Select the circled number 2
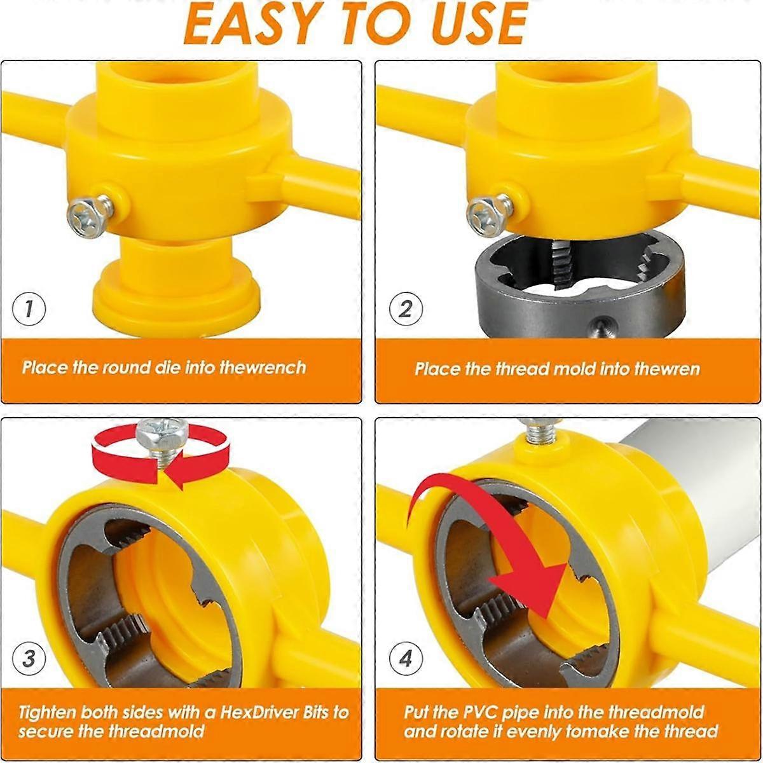coord(406,310)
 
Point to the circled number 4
coord(406,658)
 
